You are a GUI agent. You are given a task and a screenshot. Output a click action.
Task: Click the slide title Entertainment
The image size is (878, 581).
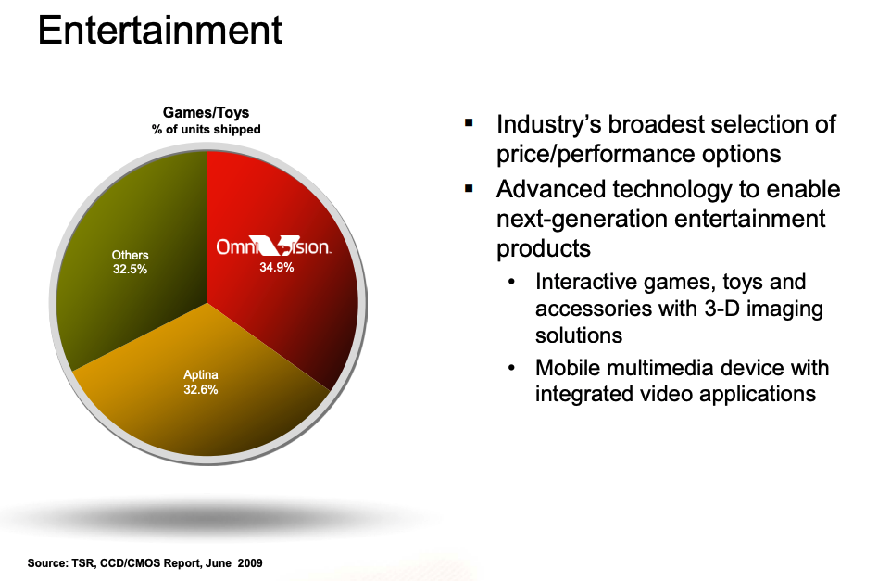pos(160,31)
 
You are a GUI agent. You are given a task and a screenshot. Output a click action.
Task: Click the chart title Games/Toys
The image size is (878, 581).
pos(206,113)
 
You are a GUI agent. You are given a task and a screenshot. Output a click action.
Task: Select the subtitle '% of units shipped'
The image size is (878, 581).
pos(206,130)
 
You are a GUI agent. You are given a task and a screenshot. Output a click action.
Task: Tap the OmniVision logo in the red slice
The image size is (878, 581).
pos(274,246)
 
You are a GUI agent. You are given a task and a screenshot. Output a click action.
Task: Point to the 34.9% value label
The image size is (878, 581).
pos(277,267)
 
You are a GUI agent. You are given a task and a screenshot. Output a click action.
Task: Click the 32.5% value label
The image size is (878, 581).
pos(130,270)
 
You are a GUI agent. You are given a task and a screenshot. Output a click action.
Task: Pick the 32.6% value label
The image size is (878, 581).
pos(200,389)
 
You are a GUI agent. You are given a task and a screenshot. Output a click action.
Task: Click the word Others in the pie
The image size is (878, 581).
pos(130,256)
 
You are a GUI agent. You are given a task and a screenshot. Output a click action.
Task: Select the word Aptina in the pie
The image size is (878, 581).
pos(200,375)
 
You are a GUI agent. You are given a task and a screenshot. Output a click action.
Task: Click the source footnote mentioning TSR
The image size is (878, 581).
pos(145,563)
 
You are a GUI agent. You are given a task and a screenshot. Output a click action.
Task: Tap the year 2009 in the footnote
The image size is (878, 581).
pos(250,563)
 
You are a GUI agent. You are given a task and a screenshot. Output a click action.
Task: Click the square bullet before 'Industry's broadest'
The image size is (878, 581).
pos(469,122)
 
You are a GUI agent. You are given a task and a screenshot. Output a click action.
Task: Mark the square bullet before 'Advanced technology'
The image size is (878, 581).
pos(469,189)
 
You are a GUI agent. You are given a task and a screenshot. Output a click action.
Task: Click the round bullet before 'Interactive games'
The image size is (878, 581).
pos(511,282)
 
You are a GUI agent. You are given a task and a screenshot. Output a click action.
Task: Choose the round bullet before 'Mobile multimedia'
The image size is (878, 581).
pos(511,368)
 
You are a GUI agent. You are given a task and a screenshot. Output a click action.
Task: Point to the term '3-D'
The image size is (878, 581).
pos(721,309)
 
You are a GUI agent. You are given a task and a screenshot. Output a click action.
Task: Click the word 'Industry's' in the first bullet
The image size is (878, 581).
pos(548,124)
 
